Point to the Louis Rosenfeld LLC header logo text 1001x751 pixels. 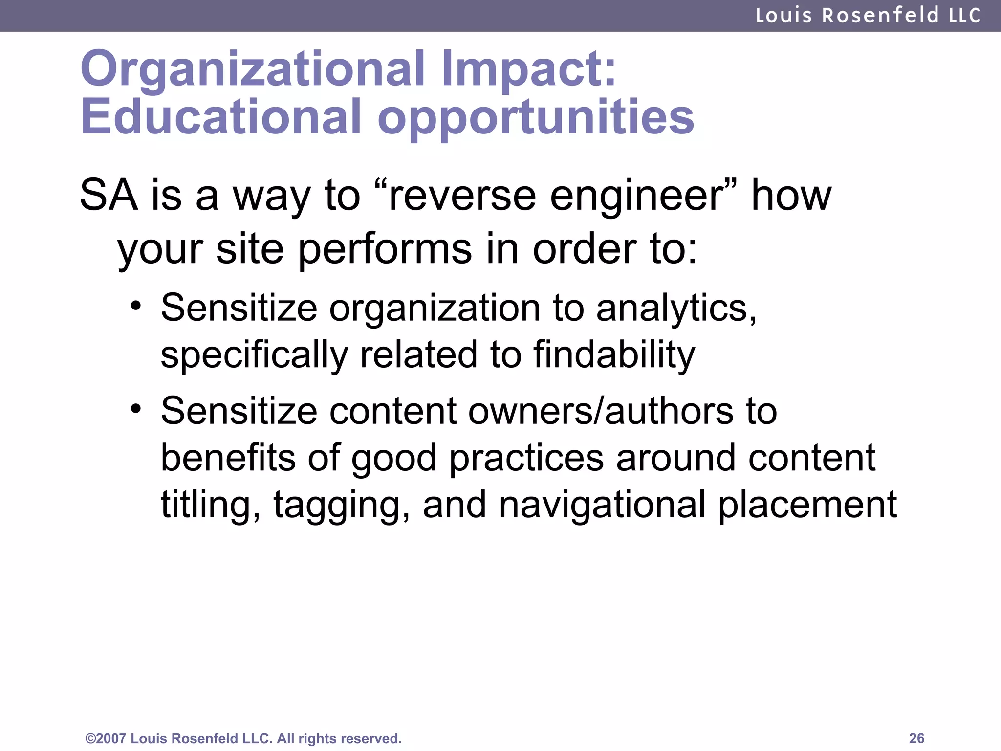click(x=868, y=16)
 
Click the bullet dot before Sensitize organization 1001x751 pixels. click(x=136, y=307)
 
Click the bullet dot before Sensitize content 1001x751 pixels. click(x=136, y=408)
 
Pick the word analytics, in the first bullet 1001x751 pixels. click(x=676, y=309)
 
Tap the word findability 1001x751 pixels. click(x=614, y=355)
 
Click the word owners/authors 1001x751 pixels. click(x=601, y=411)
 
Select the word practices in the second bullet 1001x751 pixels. click(x=526, y=459)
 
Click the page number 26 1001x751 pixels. click(x=916, y=738)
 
